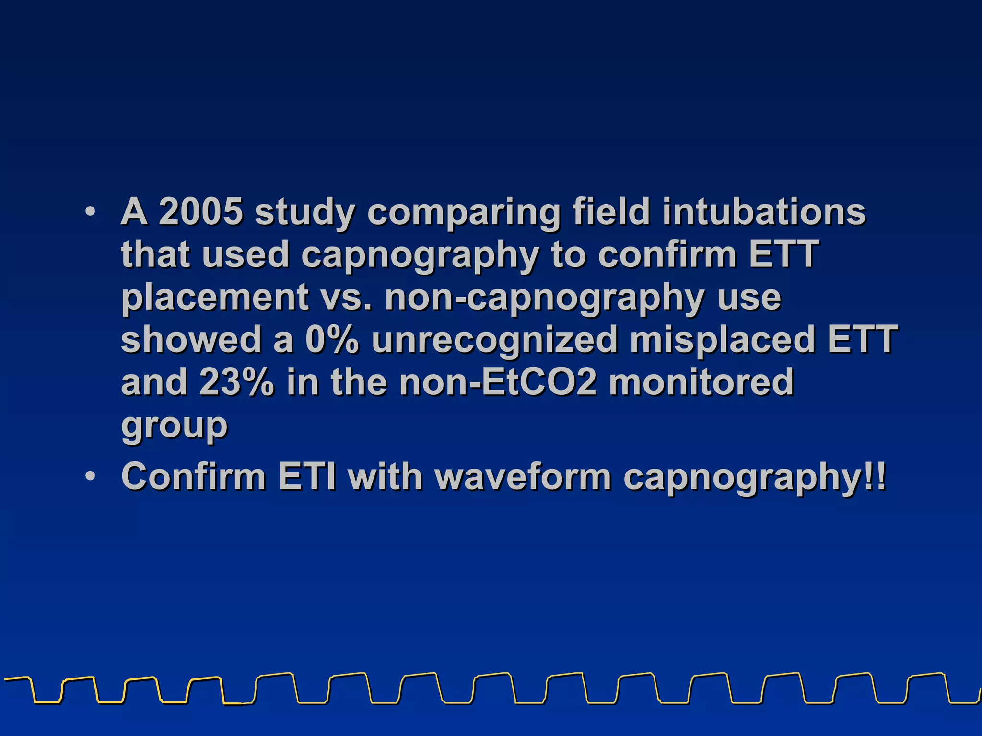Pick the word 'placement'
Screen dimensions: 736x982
point(214,298)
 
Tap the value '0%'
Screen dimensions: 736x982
point(332,340)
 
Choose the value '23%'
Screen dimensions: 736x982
point(237,382)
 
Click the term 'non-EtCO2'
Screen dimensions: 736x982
point(499,382)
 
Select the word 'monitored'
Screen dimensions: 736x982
point(701,382)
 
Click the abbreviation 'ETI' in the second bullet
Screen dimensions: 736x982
point(307,476)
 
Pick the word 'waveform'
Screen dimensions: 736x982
point(522,476)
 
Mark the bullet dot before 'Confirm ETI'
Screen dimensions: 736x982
point(90,476)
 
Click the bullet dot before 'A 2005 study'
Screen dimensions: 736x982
point(90,211)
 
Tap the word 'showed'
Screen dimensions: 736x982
point(191,340)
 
